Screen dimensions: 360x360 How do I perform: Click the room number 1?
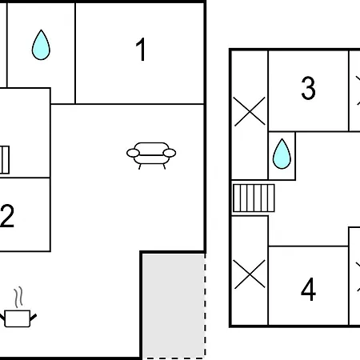141,50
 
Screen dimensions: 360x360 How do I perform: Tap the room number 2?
7,215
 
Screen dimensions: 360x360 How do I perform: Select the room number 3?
308,88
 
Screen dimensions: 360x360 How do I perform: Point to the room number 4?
308,289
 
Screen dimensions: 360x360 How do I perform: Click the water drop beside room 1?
41,45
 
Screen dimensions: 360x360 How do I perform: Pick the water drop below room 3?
282,154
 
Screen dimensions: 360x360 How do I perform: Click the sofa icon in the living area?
151,156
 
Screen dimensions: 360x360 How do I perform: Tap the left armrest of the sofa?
133,153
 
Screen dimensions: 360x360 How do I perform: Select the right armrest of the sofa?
170,153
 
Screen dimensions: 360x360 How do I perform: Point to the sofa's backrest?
151,149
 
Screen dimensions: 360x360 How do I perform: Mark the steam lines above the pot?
18,298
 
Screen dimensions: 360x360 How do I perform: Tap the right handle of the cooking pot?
34,317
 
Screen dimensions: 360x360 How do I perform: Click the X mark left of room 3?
250,111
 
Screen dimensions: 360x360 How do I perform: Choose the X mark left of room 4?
250,274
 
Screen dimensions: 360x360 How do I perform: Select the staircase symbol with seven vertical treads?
254,198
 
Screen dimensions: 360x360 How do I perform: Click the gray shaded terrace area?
174,306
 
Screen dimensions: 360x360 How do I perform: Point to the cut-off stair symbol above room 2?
5,160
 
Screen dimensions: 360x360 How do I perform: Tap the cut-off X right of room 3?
358,90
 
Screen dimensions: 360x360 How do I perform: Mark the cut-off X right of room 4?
358,277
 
